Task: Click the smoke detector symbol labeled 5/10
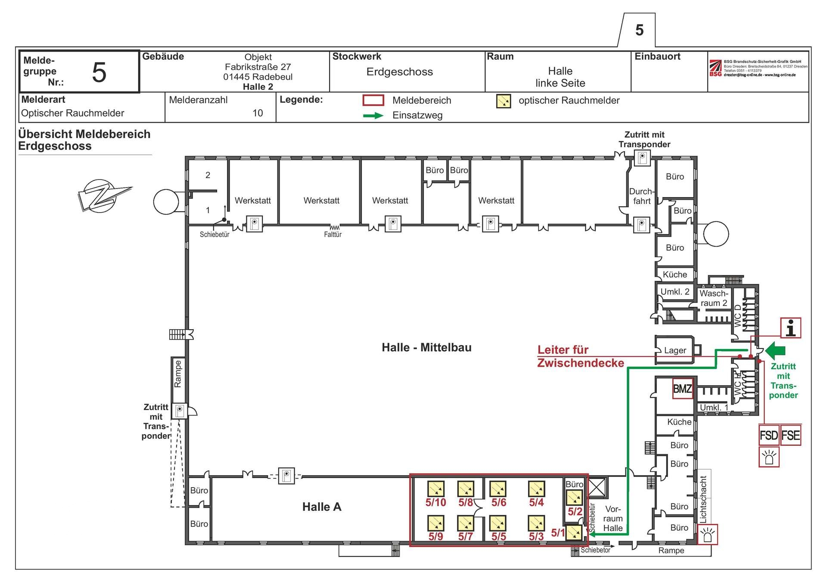click(435, 489)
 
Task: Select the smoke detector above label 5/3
click(536, 523)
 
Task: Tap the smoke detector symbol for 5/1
click(573, 533)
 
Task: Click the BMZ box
click(682, 389)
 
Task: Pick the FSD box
click(769, 435)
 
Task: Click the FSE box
click(790, 435)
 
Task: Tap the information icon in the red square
click(791, 328)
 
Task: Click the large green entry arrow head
click(775, 350)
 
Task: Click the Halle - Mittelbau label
click(426, 348)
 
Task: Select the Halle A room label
click(322, 507)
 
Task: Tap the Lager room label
click(675, 350)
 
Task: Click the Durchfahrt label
click(641, 196)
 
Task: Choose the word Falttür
click(333, 235)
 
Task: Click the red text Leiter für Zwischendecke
click(580, 356)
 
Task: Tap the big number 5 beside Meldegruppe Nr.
click(99, 72)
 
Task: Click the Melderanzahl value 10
click(258, 113)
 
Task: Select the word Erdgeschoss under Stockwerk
click(399, 72)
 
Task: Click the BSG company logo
click(715, 68)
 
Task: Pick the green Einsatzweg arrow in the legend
click(373, 115)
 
